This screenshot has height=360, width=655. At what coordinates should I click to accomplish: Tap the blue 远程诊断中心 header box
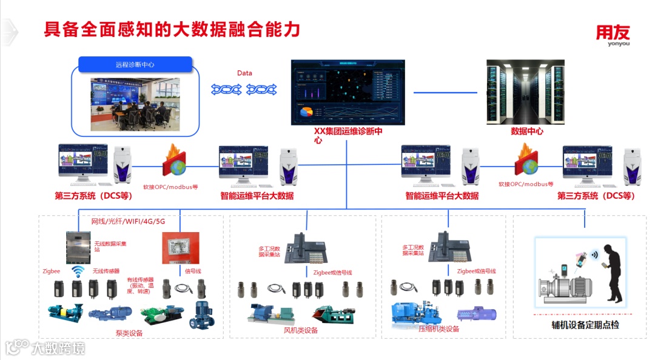(x=135, y=64)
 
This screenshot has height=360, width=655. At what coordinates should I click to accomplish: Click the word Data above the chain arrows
(x=244, y=73)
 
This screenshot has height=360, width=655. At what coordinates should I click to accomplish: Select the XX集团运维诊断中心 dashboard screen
(x=346, y=92)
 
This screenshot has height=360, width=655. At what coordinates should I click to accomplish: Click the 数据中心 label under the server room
(x=527, y=131)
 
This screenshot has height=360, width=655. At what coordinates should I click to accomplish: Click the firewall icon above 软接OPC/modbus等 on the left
(x=175, y=162)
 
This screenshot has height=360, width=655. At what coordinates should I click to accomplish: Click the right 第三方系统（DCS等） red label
(x=596, y=196)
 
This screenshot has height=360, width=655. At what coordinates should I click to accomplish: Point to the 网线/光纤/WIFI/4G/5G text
(x=128, y=221)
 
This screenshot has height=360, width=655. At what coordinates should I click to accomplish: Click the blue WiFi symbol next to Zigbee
(x=78, y=270)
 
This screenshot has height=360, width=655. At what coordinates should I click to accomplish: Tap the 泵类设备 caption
(x=129, y=333)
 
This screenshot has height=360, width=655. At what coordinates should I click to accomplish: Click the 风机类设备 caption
(x=301, y=330)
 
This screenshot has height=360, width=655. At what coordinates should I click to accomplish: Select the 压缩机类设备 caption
(x=439, y=329)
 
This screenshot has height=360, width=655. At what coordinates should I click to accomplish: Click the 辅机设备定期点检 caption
(x=581, y=325)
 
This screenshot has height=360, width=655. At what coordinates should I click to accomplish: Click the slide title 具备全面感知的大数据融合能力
(x=172, y=29)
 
